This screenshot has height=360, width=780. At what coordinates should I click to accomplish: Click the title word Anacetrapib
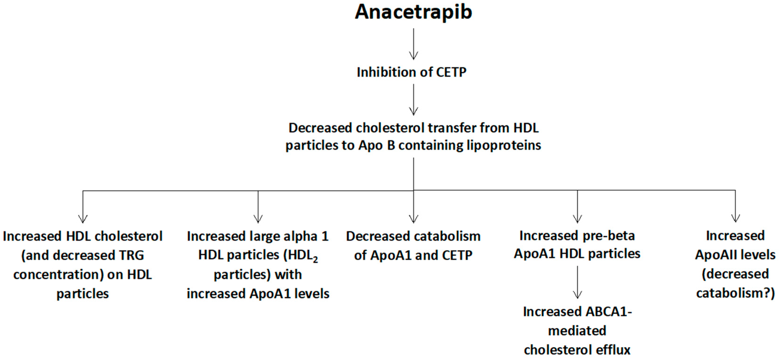[413, 12]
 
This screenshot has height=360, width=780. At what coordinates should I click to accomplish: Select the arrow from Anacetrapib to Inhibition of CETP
[414, 44]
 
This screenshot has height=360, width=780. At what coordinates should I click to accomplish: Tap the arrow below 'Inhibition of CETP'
[414, 100]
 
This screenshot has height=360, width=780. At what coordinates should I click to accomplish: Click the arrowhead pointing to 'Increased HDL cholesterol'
[83, 219]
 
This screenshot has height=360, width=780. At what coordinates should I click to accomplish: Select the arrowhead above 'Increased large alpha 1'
[258, 219]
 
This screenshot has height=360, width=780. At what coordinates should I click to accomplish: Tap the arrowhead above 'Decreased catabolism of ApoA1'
[414, 219]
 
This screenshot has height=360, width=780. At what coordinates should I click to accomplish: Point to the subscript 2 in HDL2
[315, 259]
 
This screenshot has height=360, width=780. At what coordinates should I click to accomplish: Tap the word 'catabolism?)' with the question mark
[735, 293]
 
